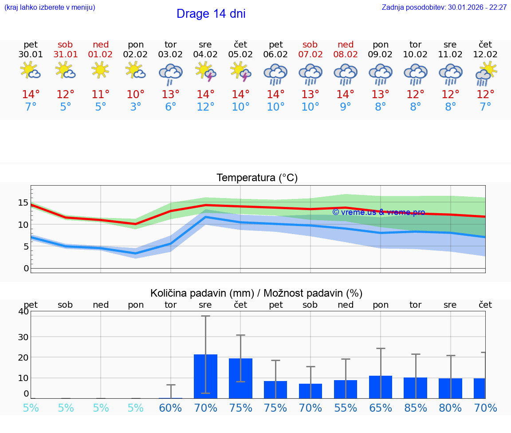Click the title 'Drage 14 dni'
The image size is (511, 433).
pos(211,14)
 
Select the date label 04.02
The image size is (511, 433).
pos(205,55)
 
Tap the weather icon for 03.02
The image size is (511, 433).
pos(171,74)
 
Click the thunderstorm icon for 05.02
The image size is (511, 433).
pos(240,72)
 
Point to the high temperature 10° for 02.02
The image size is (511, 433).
pos(136,95)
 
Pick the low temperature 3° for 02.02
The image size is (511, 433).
pos(136,107)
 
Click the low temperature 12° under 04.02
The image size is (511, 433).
pos(205,107)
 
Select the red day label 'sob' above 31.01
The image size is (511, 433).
pos(65,44)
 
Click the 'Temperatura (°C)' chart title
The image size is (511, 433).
pos(257,178)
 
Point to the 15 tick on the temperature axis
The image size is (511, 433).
pos(23,203)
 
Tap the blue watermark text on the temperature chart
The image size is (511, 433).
pos(378,212)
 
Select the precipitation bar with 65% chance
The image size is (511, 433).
pos(381,387)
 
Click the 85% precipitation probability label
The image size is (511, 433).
pos(416,408)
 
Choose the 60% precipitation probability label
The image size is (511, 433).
pos(171,408)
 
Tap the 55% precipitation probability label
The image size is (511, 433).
pos(346,408)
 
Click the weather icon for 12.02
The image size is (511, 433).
pos(486,74)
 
